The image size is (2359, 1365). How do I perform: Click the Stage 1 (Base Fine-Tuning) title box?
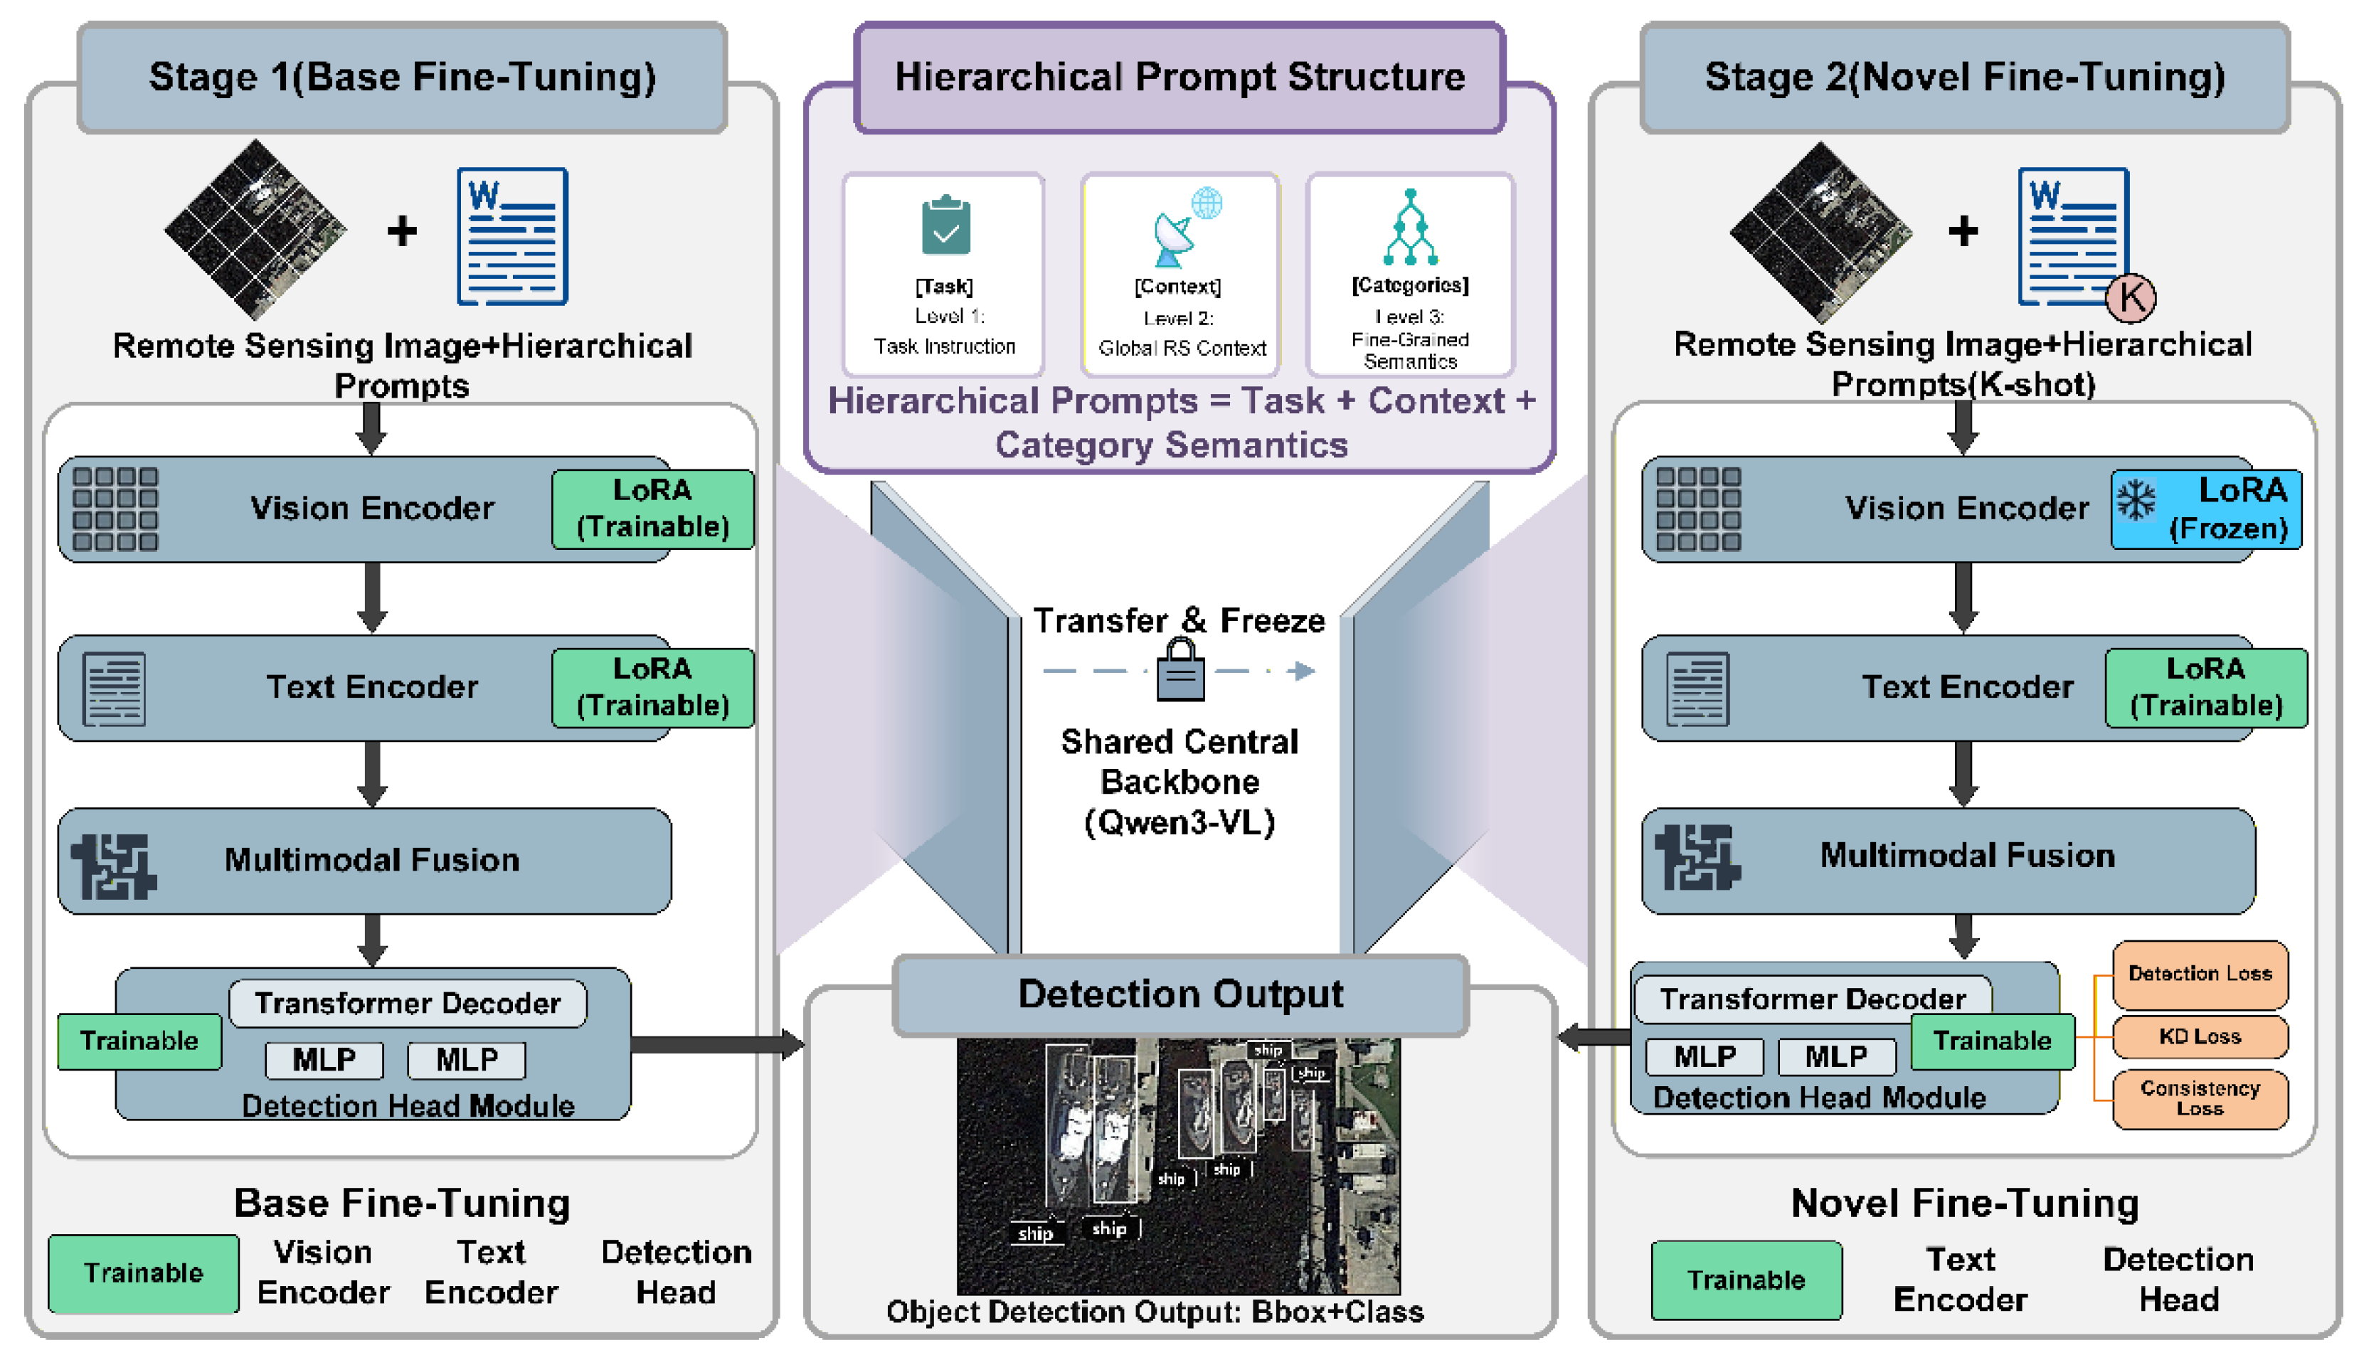(403, 78)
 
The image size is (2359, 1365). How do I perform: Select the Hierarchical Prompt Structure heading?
(1179, 78)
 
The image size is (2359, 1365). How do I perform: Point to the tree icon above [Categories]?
(1411, 228)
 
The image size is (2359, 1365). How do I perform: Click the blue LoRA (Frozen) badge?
(2205, 509)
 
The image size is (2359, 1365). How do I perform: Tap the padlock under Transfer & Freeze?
(1180, 669)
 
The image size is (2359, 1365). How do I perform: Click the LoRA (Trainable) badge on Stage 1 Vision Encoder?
(652, 509)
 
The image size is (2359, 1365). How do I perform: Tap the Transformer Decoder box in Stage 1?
(408, 1004)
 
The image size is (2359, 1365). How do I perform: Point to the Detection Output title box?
(1180, 995)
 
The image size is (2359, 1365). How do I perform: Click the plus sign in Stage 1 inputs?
(403, 230)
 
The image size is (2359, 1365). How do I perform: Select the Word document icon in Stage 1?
(512, 237)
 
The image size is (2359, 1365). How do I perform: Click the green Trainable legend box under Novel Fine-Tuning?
(1746, 1280)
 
